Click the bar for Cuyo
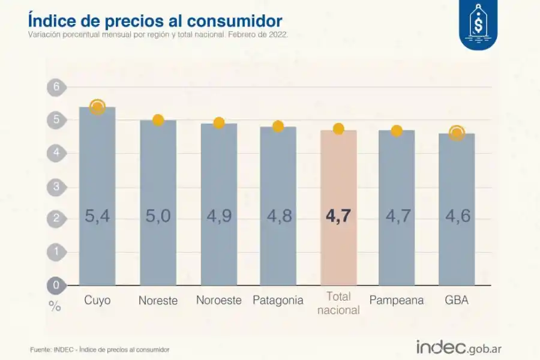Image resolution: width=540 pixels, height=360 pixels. (97, 198)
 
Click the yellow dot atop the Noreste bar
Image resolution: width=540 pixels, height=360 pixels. (158, 120)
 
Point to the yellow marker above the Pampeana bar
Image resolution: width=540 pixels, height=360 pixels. (397, 130)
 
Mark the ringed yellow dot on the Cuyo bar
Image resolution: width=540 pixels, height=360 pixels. (97, 107)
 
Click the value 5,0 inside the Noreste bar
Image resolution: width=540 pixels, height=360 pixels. (158, 216)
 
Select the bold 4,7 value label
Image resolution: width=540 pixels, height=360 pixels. (338, 216)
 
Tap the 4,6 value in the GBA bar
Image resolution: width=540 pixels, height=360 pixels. (457, 216)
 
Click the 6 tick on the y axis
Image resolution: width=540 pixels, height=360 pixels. (56, 87)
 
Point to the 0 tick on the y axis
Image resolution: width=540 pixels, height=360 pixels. (56, 285)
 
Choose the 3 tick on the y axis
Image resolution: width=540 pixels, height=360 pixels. (56, 186)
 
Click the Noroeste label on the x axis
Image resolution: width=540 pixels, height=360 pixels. (219, 300)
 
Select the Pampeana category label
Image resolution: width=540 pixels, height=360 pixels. (397, 300)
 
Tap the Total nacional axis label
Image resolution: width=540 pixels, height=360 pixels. (338, 303)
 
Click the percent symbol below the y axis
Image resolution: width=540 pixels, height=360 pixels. (55, 306)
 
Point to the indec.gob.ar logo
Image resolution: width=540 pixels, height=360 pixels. (459, 347)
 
